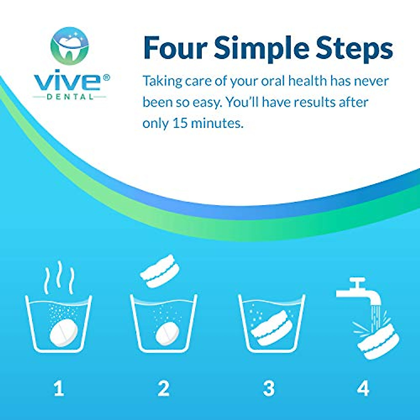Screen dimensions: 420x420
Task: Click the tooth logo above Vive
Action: [x=70, y=46]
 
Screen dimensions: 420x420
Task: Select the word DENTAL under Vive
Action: [x=70, y=97]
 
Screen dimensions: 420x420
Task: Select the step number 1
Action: [x=59, y=388]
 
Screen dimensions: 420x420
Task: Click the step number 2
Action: [x=163, y=388]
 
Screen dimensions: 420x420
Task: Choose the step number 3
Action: [x=269, y=388]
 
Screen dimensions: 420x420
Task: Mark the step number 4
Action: [x=363, y=388]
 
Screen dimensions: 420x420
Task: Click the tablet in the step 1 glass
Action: [x=63, y=332]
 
